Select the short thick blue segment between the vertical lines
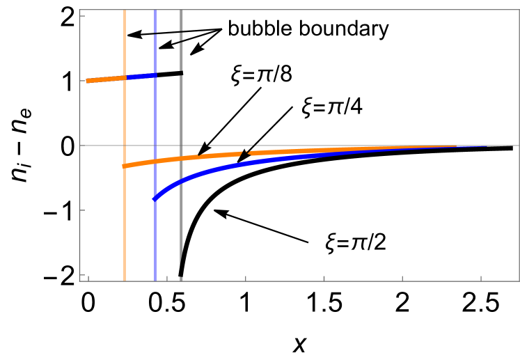click(140, 76)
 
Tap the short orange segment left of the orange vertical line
click(105, 79)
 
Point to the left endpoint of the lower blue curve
click(155, 199)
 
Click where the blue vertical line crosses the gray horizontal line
click(155, 146)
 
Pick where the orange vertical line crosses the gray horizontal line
click(125, 146)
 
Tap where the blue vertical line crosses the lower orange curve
click(155, 161)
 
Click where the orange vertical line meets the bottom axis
click(125, 281)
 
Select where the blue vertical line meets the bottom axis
click(155, 281)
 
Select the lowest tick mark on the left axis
click(82, 275)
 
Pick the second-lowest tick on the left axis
click(82, 210)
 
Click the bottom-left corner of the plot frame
click(80, 281)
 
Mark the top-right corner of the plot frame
click(519, 10)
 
